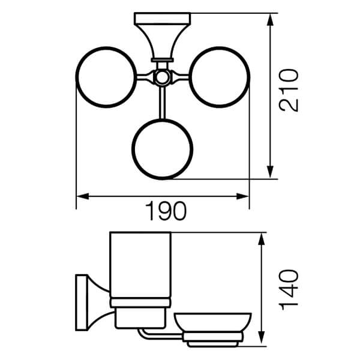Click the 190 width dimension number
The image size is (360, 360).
coord(166,211)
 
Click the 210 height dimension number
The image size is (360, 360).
coord(289,90)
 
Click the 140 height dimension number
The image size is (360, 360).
coord(289,290)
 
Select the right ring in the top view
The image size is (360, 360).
coord(249,77)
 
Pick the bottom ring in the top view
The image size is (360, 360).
coord(163,119)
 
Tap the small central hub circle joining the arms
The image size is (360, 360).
coord(163,77)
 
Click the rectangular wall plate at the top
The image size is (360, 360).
coord(163,19)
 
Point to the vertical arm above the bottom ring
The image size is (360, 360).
coord(163,103)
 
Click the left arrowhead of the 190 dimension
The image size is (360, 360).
coord(82,196)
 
